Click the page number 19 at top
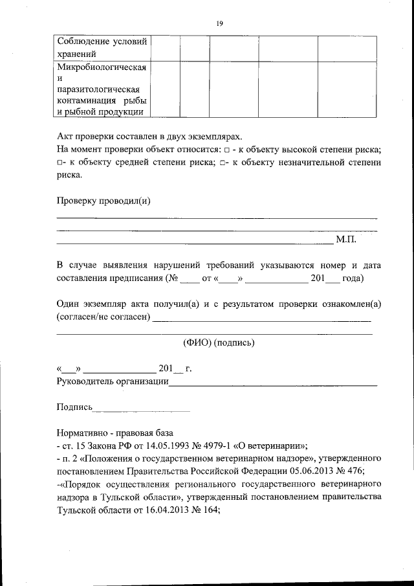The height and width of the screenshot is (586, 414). [220, 24]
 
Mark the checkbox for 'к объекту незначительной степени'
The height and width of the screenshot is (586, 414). [223, 163]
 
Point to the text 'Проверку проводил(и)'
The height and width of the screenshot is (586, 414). [103, 200]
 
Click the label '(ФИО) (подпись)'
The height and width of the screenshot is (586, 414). [215, 343]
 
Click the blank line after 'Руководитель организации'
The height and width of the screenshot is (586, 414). [272, 384]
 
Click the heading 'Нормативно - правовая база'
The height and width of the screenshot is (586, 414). [115, 433]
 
